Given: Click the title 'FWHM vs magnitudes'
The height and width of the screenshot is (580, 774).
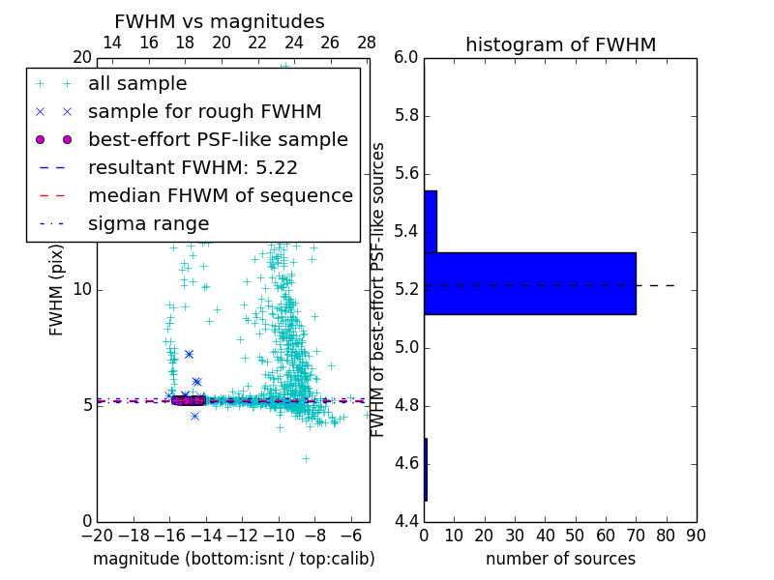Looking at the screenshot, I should click(x=220, y=22).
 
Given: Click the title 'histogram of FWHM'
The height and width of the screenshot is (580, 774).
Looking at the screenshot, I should click(x=560, y=44).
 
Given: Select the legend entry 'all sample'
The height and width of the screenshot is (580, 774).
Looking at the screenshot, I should click(x=137, y=84).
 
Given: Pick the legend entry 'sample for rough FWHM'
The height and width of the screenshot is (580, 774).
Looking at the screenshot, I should click(x=205, y=112).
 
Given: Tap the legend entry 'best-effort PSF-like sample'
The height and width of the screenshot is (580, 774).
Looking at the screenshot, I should click(x=218, y=140).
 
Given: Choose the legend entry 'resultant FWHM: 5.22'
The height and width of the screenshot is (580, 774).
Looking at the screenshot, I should click(x=193, y=168).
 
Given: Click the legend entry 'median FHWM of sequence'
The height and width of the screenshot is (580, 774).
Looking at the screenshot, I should click(x=221, y=196).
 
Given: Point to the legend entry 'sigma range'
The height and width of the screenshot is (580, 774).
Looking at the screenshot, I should click(x=148, y=224).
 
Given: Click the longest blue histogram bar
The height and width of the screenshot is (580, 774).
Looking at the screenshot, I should click(x=530, y=283).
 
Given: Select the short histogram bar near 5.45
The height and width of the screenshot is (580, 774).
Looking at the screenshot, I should click(x=431, y=221).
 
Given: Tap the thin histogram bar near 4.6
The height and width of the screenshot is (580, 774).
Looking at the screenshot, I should click(x=426, y=470).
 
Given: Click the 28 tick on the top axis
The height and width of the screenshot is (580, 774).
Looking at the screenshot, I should click(x=367, y=43).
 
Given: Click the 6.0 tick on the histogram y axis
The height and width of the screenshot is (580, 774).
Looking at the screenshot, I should click(x=406, y=58).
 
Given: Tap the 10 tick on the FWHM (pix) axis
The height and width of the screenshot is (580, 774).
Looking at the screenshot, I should click(x=81, y=289).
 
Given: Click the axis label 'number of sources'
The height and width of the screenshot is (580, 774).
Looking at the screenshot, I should click(x=560, y=559).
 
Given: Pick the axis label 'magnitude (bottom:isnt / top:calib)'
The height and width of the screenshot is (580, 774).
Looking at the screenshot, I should click(x=233, y=559).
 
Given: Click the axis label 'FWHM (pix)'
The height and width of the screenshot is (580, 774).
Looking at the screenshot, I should click(x=57, y=289).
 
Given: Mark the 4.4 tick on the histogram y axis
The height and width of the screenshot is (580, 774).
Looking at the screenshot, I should click(x=406, y=522).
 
